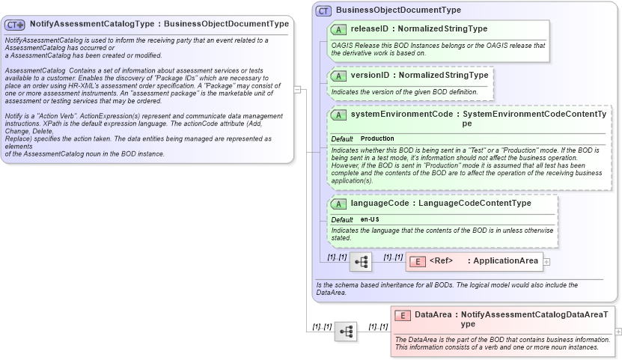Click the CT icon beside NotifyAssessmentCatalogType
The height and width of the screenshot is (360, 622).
click(x=15, y=24)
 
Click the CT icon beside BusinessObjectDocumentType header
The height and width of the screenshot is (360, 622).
click(x=324, y=10)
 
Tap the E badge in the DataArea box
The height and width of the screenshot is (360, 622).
click(x=403, y=315)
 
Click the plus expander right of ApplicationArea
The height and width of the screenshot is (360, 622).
click(x=546, y=262)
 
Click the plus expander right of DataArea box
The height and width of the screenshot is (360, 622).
click(x=618, y=331)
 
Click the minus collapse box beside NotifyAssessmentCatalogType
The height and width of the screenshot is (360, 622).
click(x=297, y=89)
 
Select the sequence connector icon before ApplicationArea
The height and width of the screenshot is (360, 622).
click(x=361, y=261)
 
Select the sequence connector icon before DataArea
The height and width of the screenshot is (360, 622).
click(x=345, y=331)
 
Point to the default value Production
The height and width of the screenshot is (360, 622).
click(x=377, y=139)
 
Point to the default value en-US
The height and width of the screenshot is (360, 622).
click(x=370, y=219)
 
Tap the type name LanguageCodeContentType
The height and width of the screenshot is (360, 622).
click(x=475, y=203)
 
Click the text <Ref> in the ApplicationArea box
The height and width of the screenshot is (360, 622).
click(x=442, y=261)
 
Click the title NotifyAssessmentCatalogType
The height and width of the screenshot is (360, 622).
click(x=94, y=24)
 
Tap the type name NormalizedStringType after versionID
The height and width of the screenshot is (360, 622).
click(x=445, y=76)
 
